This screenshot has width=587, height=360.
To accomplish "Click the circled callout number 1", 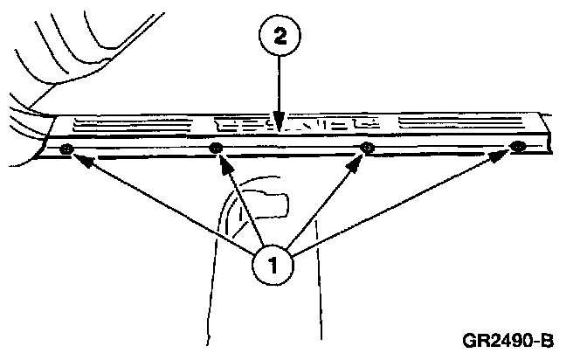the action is pos(273,264).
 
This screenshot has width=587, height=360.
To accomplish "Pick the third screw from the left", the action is pos(368,147).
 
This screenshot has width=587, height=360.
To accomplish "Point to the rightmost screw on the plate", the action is pos(518,146).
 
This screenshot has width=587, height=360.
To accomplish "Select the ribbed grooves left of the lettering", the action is pos(131,128).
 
